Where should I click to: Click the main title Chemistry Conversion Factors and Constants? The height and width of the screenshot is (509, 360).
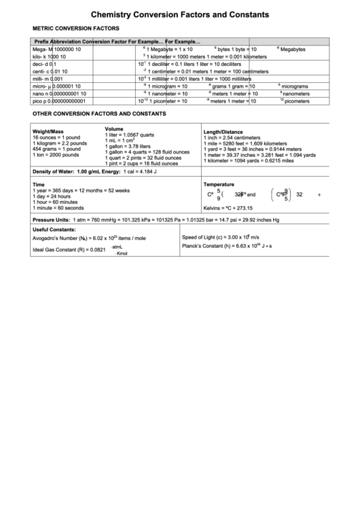[179, 14]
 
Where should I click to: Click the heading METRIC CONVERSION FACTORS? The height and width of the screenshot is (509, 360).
[76, 29]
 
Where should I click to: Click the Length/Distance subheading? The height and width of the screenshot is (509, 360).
[223, 132]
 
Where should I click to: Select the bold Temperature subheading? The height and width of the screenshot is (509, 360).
[219, 184]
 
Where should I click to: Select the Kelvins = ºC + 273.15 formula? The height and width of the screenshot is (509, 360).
[228, 208]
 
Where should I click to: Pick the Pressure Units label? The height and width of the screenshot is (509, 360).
[51, 220]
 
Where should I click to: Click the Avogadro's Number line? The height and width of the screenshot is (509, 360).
[88, 239]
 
